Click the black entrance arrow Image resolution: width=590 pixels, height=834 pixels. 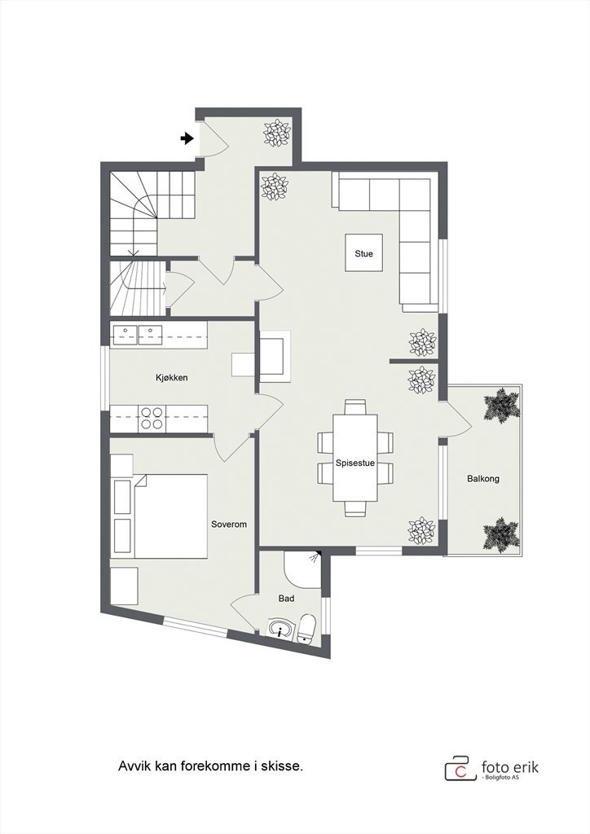click(x=187, y=138)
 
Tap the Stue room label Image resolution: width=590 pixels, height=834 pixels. click(x=363, y=254)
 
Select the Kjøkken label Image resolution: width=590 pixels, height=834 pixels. click(x=172, y=378)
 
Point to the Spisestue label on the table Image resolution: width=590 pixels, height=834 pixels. click(x=354, y=463)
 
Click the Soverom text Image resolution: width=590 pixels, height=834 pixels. click(x=228, y=525)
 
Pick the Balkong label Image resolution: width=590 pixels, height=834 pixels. click(x=483, y=479)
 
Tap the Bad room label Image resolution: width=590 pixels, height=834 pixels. click(x=286, y=599)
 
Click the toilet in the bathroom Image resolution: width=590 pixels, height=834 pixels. click(x=306, y=628)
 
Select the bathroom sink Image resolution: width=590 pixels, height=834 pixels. click(x=280, y=630)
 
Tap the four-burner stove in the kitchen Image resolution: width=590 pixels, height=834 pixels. click(x=152, y=418)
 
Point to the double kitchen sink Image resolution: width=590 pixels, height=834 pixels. click(x=139, y=333)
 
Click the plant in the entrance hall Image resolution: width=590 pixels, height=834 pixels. click(x=276, y=133)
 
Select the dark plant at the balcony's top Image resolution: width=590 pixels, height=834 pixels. click(x=500, y=404)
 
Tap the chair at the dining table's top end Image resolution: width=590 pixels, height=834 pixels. click(x=354, y=406)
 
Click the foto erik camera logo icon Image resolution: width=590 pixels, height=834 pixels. click(x=460, y=769)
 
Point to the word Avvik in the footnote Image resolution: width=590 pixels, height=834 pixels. click(x=134, y=766)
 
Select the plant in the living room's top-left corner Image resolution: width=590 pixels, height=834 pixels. click(x=275, y=187)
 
